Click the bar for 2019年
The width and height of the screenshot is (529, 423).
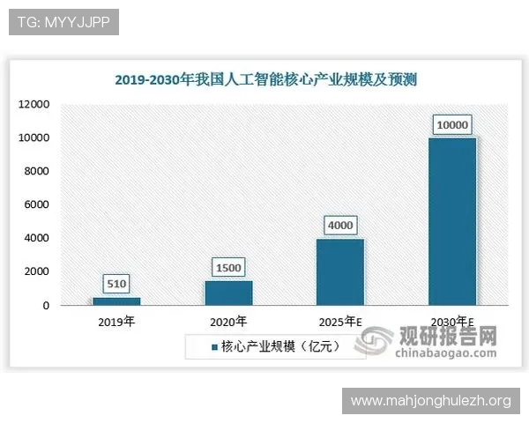click(x=116, y=301)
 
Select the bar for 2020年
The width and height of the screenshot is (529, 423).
click(x=228, y=293)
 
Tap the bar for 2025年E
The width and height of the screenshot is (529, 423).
click(x=340, y=271)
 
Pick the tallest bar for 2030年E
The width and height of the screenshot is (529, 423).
click(x=452, y=221)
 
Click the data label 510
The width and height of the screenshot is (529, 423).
click(x=116, y=284)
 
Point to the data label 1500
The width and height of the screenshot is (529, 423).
click(x=228, y=267)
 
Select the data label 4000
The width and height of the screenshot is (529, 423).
click(x=340, y=225)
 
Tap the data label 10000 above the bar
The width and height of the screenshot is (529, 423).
click(x=452, y=124)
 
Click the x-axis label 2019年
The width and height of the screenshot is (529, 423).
click(x=116, y=322)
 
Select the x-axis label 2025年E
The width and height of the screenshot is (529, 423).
click(x=340, y=322)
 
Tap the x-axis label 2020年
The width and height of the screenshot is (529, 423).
click(x=228, y=322)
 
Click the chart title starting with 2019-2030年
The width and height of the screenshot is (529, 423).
click(x=265, y=80)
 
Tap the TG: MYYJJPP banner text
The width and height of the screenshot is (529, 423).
click(x=63, y=22)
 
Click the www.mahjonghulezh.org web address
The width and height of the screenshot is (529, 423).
click(x=430, y=401)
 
